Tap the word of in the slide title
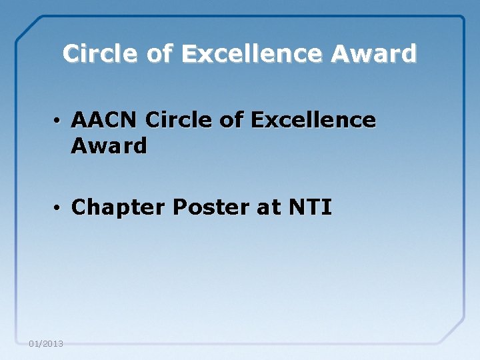157,53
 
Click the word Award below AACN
109,146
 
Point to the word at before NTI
269,208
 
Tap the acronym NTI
310,208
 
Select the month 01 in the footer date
34,344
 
